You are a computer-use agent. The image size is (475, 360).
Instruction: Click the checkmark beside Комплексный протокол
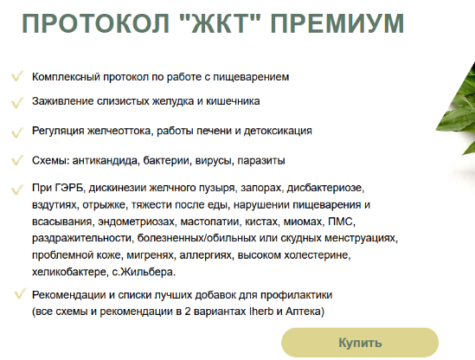16,76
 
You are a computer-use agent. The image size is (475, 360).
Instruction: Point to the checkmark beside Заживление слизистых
16,101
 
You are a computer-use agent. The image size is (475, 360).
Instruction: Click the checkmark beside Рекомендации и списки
16,294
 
